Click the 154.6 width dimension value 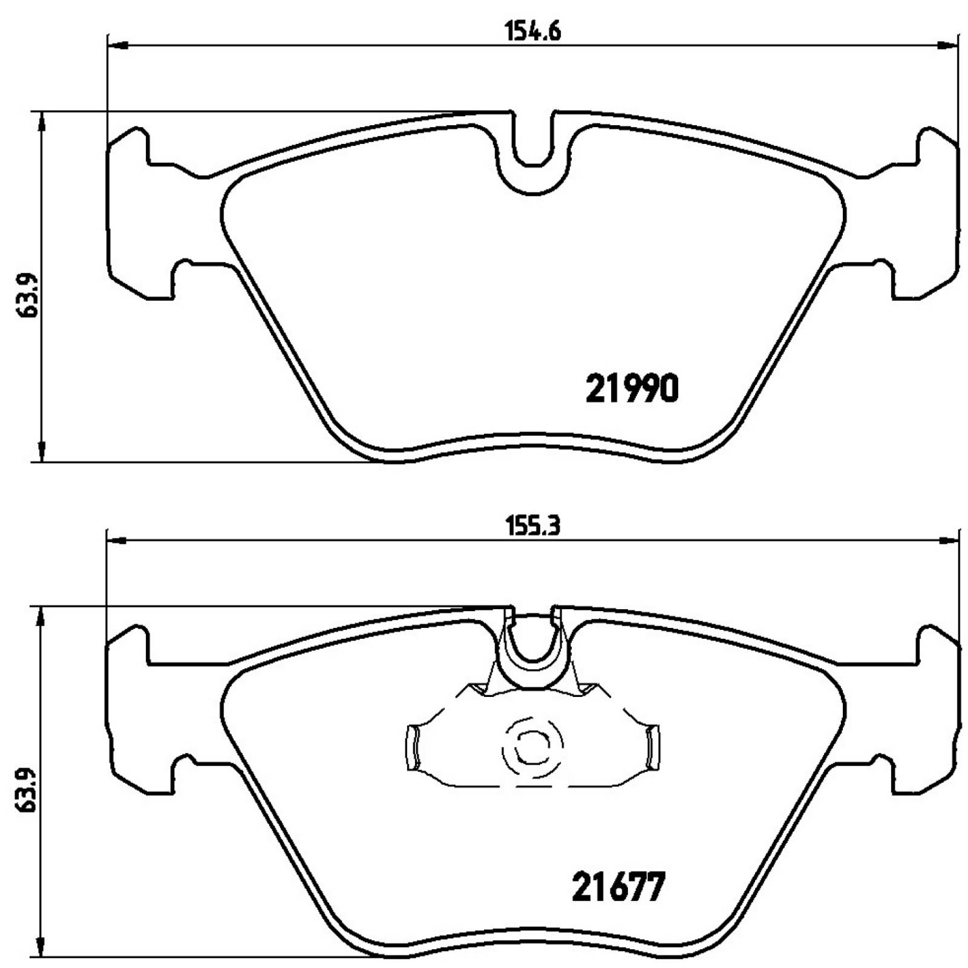coord(532,31)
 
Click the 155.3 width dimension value coord(532,526)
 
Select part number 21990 coord(632,388)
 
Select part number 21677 coord(618,888)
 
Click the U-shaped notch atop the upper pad coord(532,142)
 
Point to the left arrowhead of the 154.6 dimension coord(117,44)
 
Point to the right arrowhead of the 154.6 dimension coord(947,44)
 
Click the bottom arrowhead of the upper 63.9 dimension coord(41,451)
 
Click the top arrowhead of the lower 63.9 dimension coord(41,617)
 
